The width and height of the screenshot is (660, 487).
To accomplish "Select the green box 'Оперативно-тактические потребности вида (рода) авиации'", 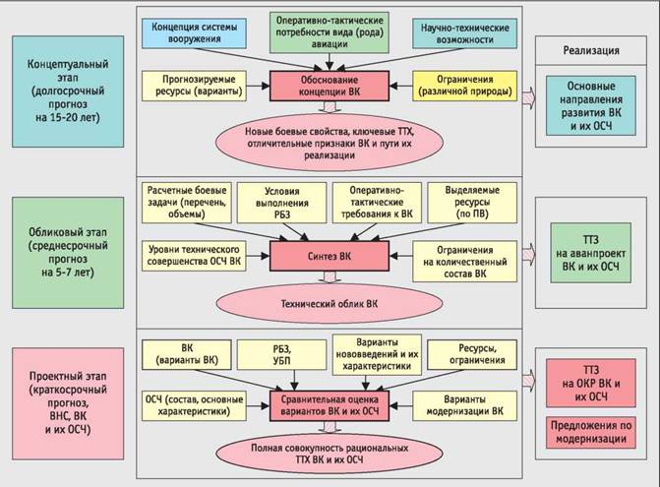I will (x=330, y=30).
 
